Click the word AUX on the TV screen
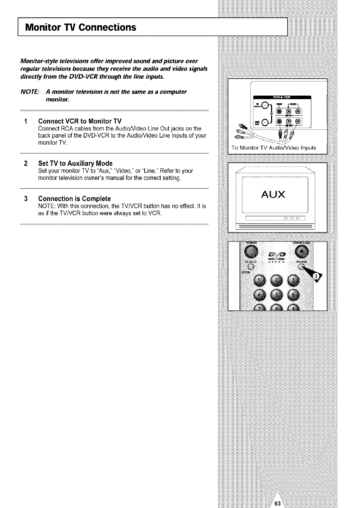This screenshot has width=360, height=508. pos(273,194)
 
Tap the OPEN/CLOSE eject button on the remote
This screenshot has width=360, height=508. pos(303,252)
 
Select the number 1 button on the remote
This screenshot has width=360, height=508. pos(260,281)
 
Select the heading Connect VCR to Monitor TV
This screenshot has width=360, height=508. pos(80,122)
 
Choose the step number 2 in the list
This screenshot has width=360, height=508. pos(26,163)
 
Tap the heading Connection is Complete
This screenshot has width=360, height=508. pos(74,198)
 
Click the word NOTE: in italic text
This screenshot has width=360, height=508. pos(30,92)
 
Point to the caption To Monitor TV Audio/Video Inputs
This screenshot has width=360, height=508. pos(274,148)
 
